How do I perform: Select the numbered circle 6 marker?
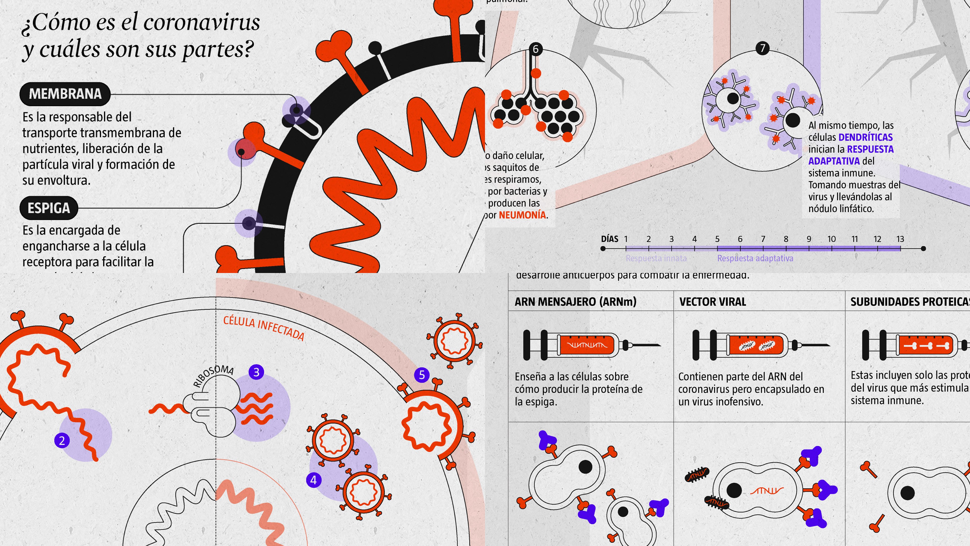point(536,49)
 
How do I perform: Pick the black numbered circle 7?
point(763,48)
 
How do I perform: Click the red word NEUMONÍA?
point(522,215)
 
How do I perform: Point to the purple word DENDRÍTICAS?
point(866,137)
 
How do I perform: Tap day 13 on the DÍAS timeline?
point(900,239)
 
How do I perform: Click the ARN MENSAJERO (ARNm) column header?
point(575,302)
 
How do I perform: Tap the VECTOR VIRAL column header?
point(712,302)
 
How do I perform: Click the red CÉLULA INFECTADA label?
point(263,328)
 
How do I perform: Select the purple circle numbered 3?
point(256,372)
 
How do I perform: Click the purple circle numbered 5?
point(422,375)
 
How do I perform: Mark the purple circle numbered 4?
point(313,480)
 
